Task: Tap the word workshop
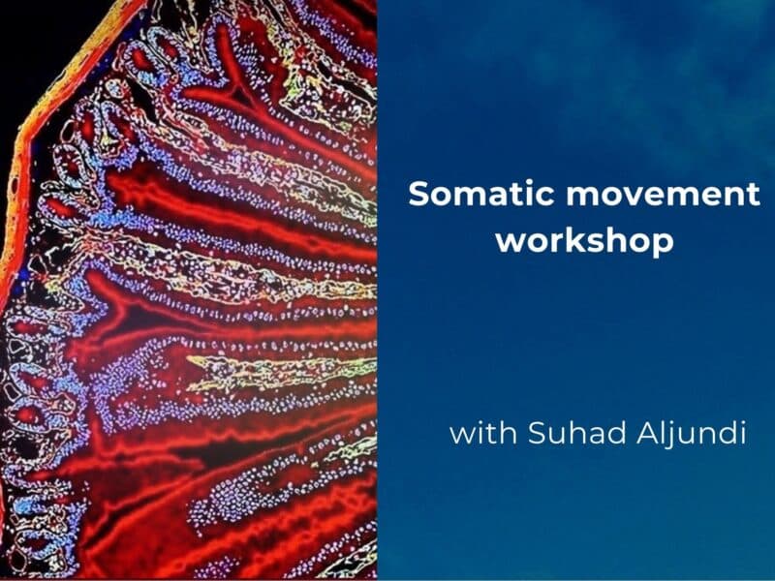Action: tap(584, 240)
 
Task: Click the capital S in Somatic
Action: tap(418, 194)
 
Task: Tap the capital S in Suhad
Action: tap(536, 432)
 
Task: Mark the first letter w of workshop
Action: tap(511, 241)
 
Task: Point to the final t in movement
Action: tap(752, 194)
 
